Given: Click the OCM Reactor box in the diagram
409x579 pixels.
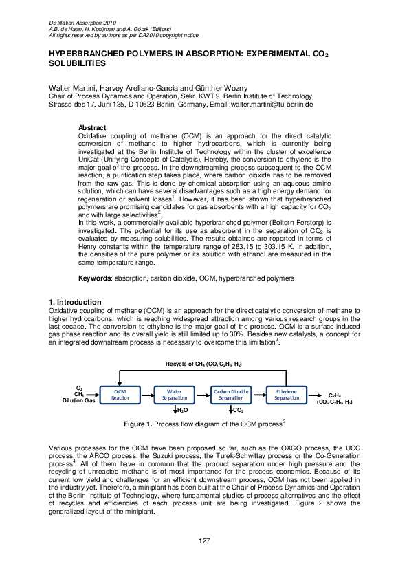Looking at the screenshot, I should click(120, 394).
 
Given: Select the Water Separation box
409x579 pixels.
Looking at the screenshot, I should click(175, 394).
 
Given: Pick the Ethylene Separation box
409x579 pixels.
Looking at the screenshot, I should click(286, 394).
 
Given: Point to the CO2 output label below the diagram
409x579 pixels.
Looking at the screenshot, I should click(239, 410).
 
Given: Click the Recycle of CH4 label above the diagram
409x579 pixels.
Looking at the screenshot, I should click(203, 363).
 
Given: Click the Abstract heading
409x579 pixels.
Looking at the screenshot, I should click(92, 129).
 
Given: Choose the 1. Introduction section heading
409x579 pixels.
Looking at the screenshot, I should click(75, 303).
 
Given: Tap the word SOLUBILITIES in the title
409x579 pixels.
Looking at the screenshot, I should click(77, 63).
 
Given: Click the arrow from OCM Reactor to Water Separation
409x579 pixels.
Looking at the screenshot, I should click(148, 394).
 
